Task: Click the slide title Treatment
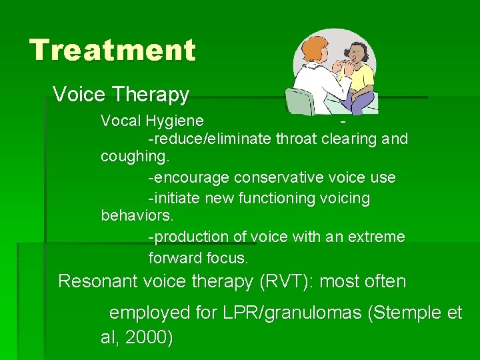coord(113,50)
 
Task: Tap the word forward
coord(175,257)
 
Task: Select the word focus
coord(227,257)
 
